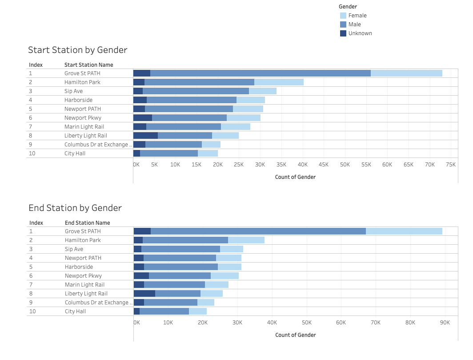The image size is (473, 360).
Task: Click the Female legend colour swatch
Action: pyautogui.click(x=343, y=16)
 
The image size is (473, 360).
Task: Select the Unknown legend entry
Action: pyautogui.click(x=360, y=33)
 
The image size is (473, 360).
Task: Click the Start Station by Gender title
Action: pyautogui.click(x=78, y=50)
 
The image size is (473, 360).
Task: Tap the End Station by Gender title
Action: pyautogui.click(x=75, y=208)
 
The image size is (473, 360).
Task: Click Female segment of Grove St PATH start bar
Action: pyautogui.click(x=406, y=73)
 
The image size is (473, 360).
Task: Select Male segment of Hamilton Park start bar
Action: pyautogui.click(x=199, y=82)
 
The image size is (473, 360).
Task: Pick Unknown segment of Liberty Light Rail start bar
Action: pyautogui.click(x=145, y=136)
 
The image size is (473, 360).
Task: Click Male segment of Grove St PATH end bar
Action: pyautogui.click(x=258, y=231)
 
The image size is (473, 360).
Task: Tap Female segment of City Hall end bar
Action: pyautogui.click(x=198, y=311)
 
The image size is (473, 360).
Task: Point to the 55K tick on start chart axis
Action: pyautogui.click(x=366, y=165)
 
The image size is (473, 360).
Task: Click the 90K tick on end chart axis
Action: pyautogui.click(x=445, y=323)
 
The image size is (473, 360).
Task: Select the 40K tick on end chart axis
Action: pyautogui.click(x=272, y=323)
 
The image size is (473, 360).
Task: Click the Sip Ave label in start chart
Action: pyautogui.click(x=73, y=91)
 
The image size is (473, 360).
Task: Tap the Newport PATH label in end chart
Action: pyautogui.click(x=83, y=258)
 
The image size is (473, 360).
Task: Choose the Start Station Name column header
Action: pyautogui.click(x=88, y=65)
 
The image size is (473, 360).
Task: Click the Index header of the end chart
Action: pyautogui.click(x=36, y=223)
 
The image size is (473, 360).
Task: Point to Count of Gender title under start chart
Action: pyautogui.click(x=295, y=177)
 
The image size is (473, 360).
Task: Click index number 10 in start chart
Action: pyautogui.click(x=32, y=154)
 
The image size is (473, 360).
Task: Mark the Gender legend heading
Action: pyautogui.click(x=348, y=7)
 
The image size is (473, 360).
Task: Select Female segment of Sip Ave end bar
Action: pyautogui.click(x=232, y=249)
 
